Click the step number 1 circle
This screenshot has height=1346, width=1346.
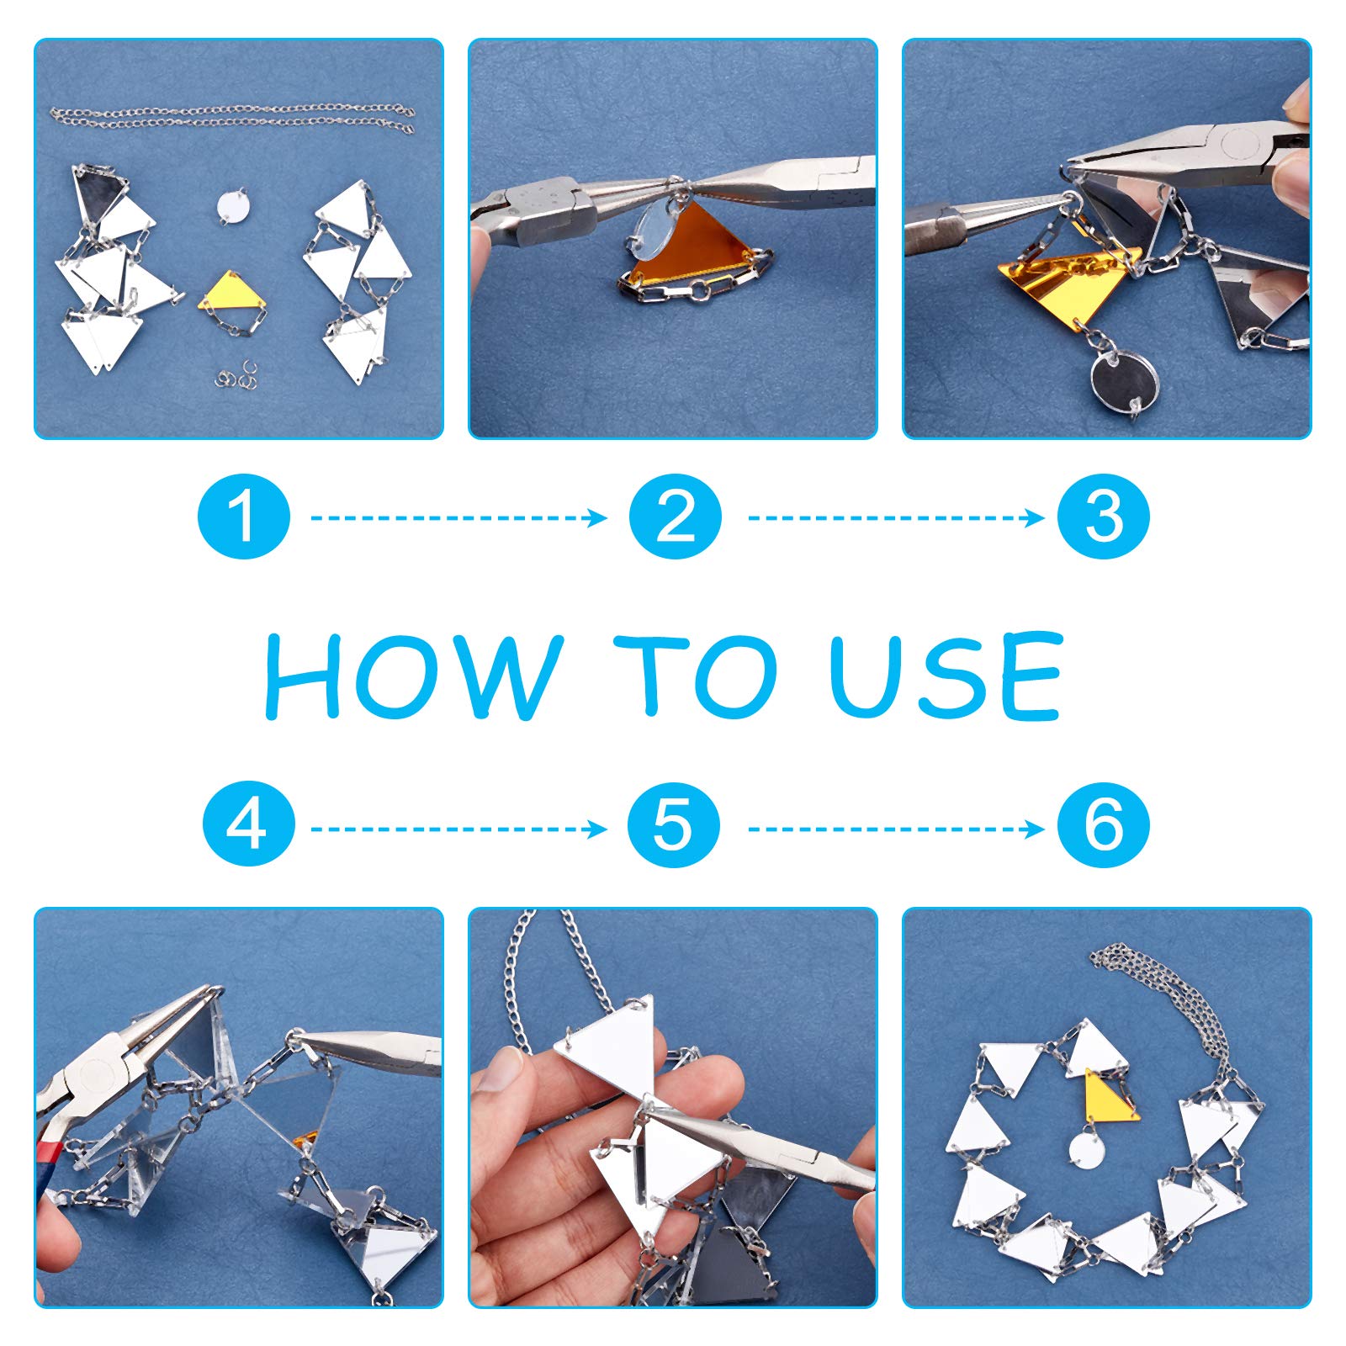tap(244, 517)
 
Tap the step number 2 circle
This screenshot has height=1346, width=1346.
tap(675, 517)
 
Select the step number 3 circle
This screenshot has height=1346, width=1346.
tap(1104, 517)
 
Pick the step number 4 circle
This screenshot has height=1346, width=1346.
tap(248, 825)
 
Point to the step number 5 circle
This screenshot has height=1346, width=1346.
tap(674, 825)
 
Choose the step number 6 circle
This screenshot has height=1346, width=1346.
tap(1104, 825)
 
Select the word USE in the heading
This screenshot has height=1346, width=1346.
tap(946, 676)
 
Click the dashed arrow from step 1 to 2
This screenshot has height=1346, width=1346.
tap(458, 517)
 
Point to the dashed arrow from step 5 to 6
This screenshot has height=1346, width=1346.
tap(896, 829)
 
